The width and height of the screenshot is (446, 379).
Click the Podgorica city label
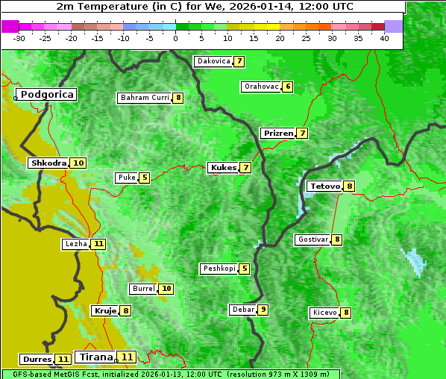(x=46, y=95)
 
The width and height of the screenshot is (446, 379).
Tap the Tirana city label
(x=95, y=357)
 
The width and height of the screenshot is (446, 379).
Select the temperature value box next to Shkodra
(x=78, y=163)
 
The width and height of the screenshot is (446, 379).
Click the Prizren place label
(x=278, y=134)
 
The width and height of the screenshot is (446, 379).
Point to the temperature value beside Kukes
(x=245, y=168)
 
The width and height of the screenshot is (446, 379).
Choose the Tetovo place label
(x=324, y=186)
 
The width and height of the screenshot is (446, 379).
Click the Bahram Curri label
(x=145, y=98)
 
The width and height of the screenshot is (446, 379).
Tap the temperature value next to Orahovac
(x=288, y=87)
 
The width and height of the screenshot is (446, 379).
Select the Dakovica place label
(x=213, y=61)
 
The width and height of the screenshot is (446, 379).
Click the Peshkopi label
(x=219, y=269)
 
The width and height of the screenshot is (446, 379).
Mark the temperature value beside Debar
(x=263, y=310)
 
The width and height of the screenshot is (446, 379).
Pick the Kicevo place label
(x=324, y=313)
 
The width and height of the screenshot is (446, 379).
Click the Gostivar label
(x=312, y=239)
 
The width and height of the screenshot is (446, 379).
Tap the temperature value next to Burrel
(x=166, y=289)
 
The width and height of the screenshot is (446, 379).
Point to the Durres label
(x=37, y=360)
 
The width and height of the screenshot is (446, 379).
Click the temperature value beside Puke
(x=145, y=178)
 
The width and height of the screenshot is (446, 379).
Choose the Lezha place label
(x=76, y=244)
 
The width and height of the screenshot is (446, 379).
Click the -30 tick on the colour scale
(x=19, y=38)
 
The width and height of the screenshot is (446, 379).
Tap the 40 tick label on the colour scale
(x=384, y=38)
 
